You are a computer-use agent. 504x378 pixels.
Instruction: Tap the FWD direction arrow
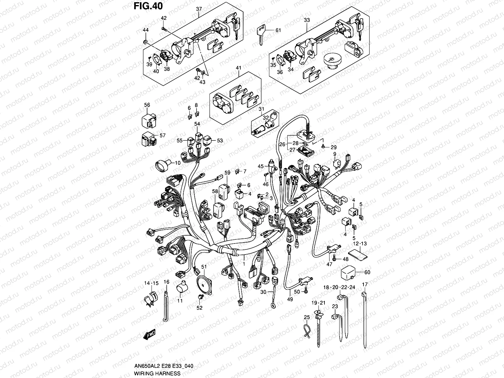pyautogui.click(x=150, y=336)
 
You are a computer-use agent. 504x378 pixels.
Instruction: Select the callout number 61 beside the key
pyautogui.click(x=278, y=31)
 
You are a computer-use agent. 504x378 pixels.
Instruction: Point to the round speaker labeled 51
pyautogui.click(x=204, y=283)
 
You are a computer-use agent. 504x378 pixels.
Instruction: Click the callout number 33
pyautogui.click(x=306, y=20)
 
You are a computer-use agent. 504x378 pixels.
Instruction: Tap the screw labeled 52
pyautogui.click(x=199, y=298)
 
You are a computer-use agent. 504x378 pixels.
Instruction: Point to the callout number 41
pyautogui.click(x=238, y=68)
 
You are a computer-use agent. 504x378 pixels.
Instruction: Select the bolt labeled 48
pyautogui.click(x=335, y=259)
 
